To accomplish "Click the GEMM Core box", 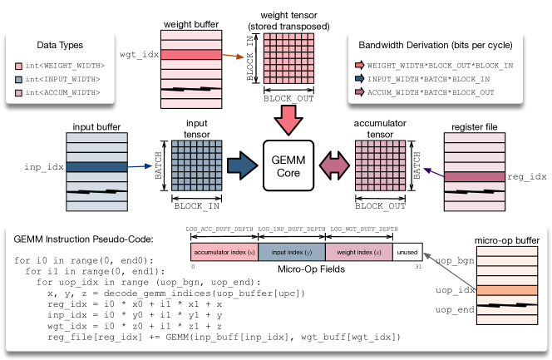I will click(x=287, y=165).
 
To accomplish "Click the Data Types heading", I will click(x=59, y=44).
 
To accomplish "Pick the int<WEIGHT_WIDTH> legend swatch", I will click(x=19, y=65).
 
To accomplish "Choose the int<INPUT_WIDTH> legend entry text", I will click(x=64, y=78).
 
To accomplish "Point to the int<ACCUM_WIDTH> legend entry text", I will click(x=64, y=91).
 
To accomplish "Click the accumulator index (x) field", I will click(x=224, y=252).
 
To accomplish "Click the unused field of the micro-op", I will click(x=407, y=252).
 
